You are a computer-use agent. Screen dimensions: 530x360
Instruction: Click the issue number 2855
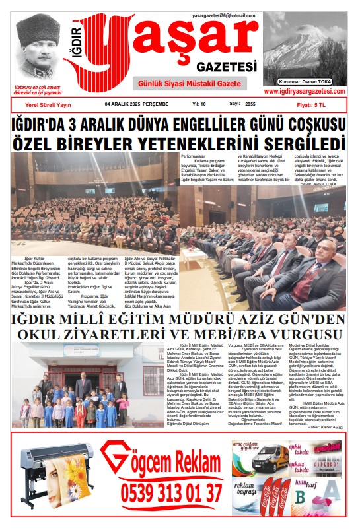pyautogui.click(x=250, y=104)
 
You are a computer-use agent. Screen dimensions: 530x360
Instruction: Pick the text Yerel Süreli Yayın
pyautogui.click(x=48, y=104)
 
